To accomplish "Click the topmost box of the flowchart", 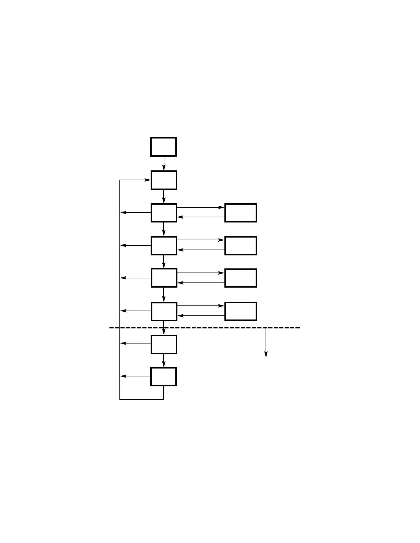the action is pos(163,147).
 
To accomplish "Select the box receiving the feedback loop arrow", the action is pos(164,180).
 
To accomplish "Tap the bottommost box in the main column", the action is pos(163,377).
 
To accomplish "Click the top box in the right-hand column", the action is pos(241,213).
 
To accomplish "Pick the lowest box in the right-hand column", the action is pos(241,311).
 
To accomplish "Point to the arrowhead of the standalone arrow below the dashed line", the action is pos(266,355).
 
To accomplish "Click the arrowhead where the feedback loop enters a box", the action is pos(148,180).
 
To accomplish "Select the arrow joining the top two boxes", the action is pos(164,163).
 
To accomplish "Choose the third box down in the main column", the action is pos(164,213).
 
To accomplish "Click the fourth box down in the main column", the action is pos(164,246).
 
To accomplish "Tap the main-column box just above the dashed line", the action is pos(164,312).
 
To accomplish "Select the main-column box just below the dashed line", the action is pos(164,345).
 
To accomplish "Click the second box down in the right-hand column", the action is pos(241,246).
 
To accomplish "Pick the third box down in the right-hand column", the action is pos(241,278).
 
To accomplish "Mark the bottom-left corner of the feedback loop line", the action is pos(120,399).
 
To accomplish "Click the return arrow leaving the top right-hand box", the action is pos(201,217).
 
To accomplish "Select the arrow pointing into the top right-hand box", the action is pos(201,207).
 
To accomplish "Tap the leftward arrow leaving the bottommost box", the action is pos(136,376).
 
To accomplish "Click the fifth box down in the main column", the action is pos(164,278).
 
